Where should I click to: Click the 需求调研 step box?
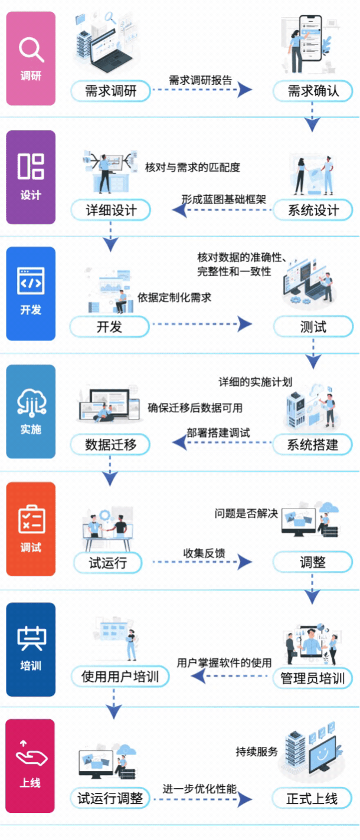110,91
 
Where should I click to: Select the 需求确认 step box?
313,91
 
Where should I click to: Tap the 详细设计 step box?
110,210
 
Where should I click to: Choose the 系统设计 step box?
313,210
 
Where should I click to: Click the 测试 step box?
313,326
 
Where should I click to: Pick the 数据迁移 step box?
110,444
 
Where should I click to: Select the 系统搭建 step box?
313,444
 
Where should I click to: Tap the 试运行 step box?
109,562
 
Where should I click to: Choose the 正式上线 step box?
313,799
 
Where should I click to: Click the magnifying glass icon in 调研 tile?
31,50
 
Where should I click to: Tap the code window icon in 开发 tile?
31,282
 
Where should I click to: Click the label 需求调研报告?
200,80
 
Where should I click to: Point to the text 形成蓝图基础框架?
223,199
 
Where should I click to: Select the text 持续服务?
257,752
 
